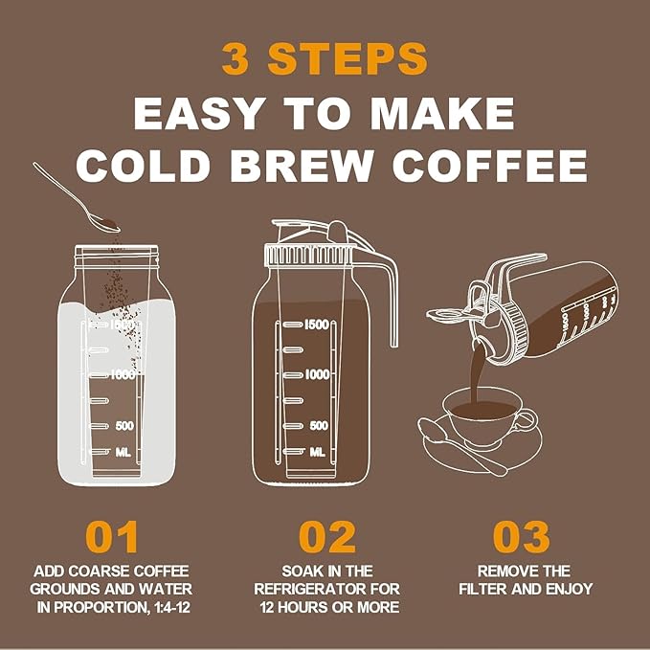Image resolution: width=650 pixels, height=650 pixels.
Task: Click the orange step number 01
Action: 111,537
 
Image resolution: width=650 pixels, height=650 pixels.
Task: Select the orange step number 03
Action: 522,537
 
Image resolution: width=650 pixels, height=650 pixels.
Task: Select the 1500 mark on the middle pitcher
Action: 317,325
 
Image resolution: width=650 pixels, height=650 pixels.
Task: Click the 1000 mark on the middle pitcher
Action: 317,374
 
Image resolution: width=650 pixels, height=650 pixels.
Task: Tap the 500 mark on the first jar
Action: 124,425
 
